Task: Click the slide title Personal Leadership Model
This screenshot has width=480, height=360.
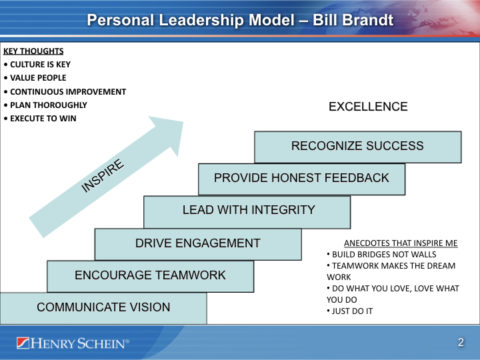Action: coord(239,20)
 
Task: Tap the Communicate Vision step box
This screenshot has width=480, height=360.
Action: coord(103,307)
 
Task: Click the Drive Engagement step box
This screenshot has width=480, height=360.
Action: coord(197,243)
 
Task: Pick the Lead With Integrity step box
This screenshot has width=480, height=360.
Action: coord(248,210)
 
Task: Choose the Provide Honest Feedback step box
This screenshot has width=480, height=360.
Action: coord(301,179)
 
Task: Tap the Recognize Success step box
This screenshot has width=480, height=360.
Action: coord(357,147)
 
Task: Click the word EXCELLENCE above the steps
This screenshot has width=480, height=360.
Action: coord(368,107)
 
